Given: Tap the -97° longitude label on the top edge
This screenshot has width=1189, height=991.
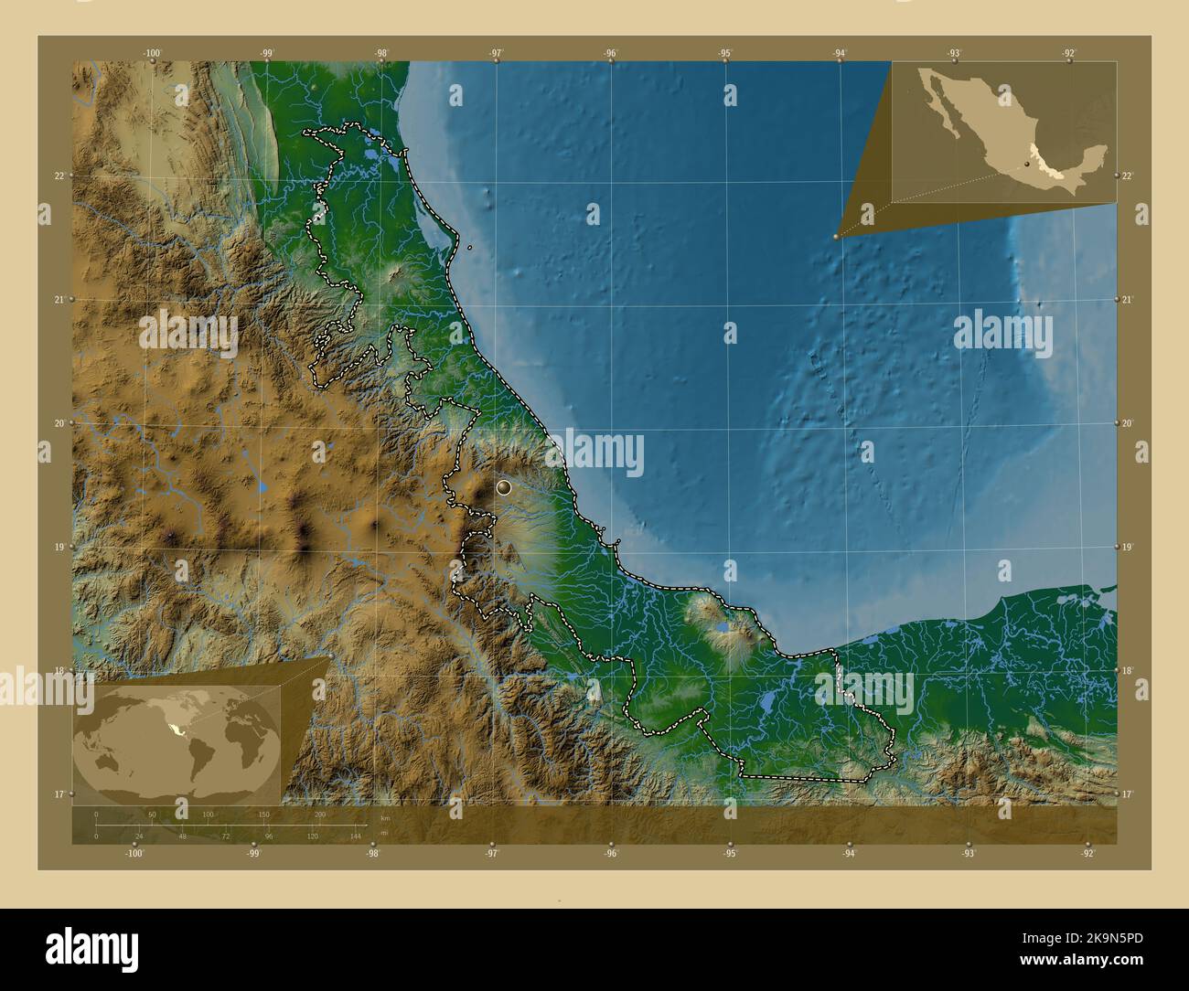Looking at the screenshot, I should coord(496,53).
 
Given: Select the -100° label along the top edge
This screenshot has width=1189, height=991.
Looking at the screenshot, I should coord(152,53).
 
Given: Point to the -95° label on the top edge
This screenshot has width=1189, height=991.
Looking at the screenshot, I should coord(725,53).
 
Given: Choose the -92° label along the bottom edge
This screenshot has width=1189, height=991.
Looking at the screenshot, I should coord(1087,854).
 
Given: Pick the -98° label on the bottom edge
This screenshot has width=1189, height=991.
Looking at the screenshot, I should coord(373,854).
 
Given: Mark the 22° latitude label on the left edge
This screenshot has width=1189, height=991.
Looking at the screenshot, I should coord(59,176).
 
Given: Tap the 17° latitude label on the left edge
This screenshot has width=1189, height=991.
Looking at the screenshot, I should coord(59,794).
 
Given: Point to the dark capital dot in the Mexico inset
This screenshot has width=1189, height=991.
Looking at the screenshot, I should coord(1026,165).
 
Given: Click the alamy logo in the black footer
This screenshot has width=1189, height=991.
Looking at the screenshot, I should coord(92,945).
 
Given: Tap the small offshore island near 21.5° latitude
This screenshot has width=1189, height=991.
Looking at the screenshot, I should coord(469,247).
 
